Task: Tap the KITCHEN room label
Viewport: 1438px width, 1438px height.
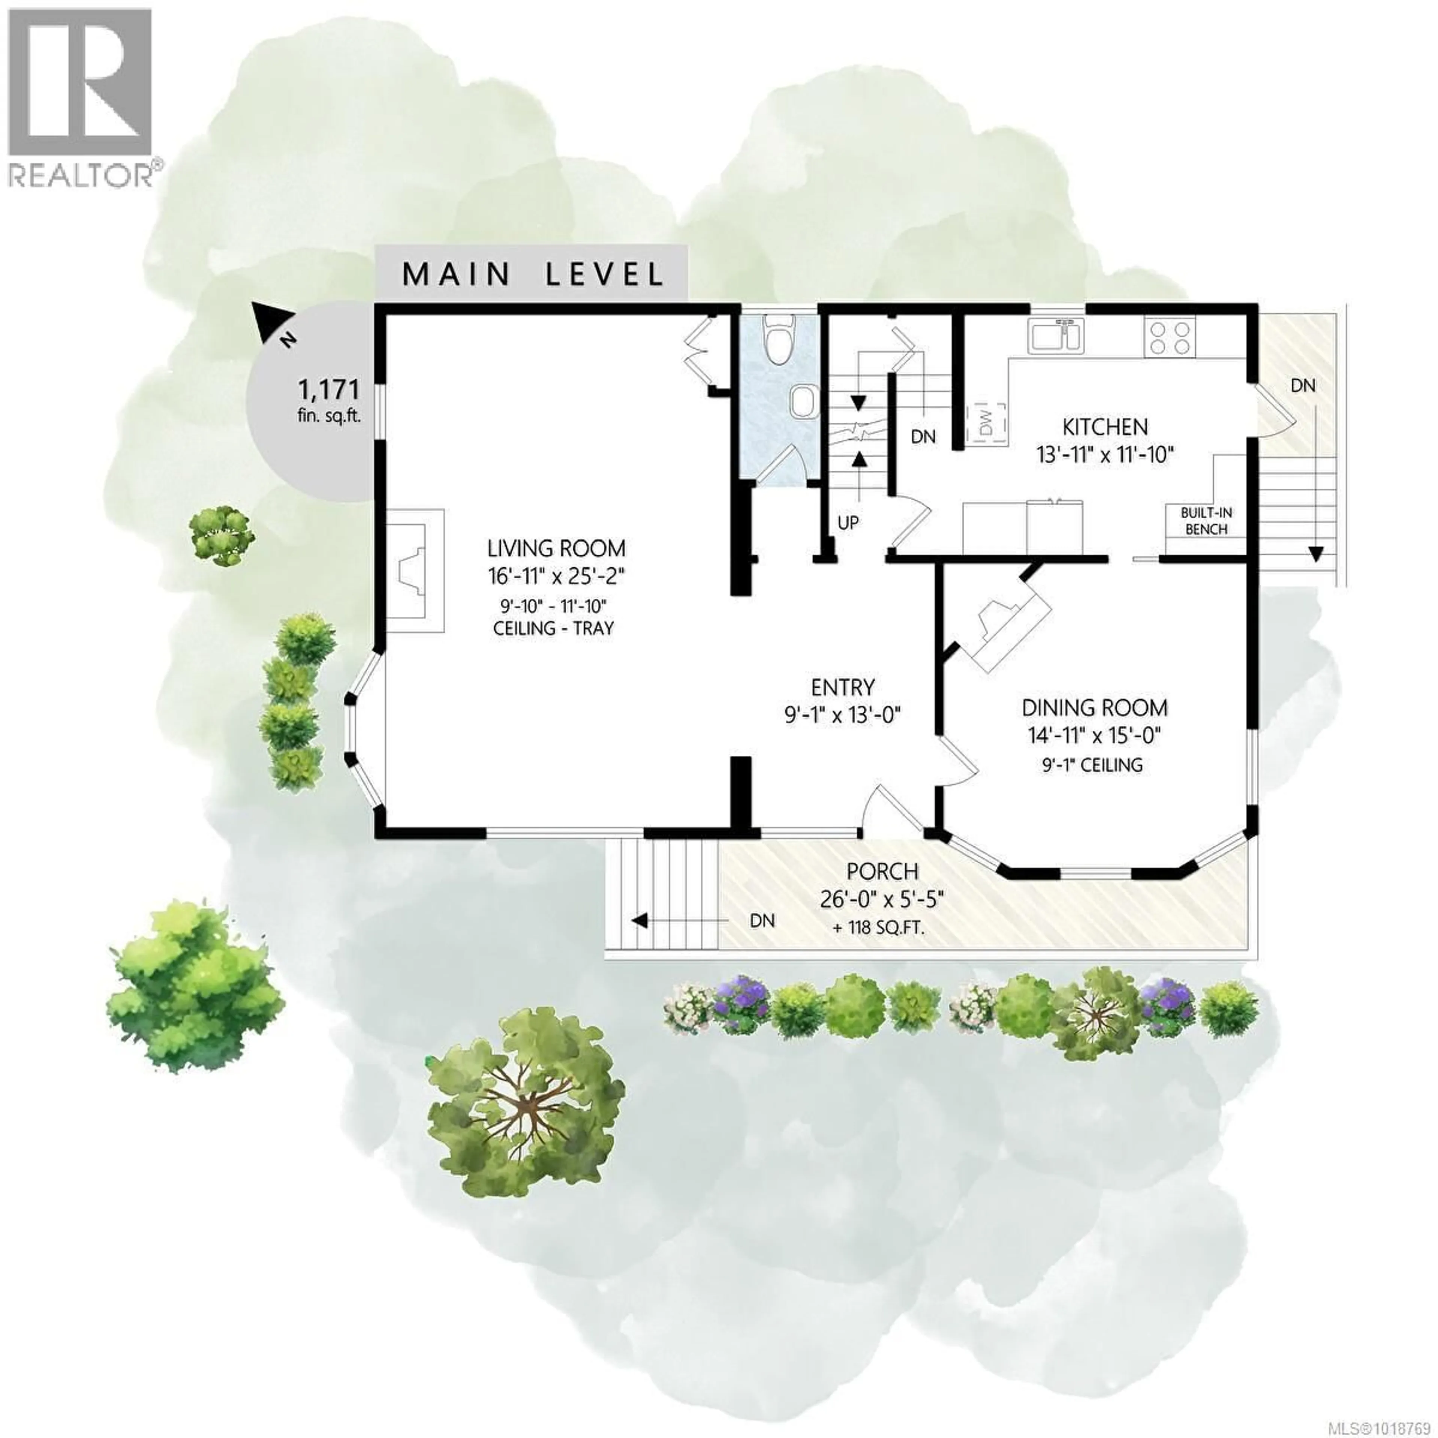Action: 1105,427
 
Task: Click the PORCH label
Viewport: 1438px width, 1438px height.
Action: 882,871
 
